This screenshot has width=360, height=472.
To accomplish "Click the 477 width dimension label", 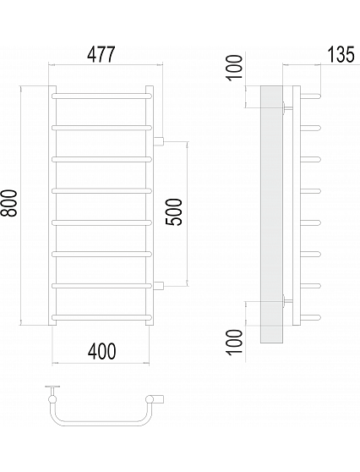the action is click(x=101, y=54).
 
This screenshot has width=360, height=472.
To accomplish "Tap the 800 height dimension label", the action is click(x=8, y=203).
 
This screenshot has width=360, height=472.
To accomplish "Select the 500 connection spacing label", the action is click(x=174, y=212).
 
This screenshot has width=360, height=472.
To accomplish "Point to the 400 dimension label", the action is click(x=101, y=351).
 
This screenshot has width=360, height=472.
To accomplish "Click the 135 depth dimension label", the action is click(x=341, y=54).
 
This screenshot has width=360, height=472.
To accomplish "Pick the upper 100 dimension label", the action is click(x=234, y=68).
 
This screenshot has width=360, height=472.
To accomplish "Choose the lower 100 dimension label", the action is click(x=234, y=343).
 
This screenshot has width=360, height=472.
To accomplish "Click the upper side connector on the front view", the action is click(x=158, y=140).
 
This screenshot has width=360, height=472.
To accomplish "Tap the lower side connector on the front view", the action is click(x=158, y=285).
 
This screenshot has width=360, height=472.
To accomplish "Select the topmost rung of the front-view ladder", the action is click(x=101, y=96).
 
